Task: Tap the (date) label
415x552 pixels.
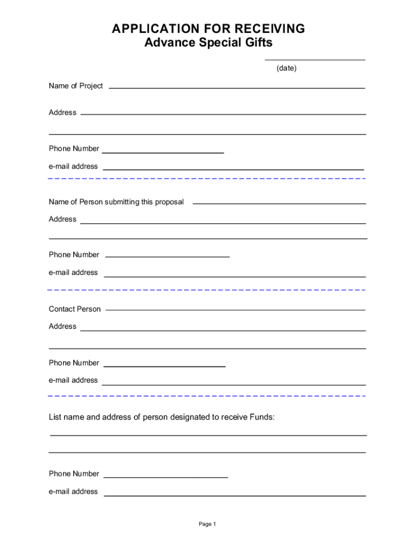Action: [286, 68]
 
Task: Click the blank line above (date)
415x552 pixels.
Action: [315, 60]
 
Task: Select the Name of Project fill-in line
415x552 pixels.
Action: [237, 88]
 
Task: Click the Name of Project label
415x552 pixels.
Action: [75, 86]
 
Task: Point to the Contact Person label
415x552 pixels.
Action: [74, 309]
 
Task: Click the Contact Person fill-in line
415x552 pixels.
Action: [236, 310]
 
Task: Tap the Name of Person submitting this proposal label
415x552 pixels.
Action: [116, 202]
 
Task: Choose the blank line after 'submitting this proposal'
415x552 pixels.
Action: [279, 204]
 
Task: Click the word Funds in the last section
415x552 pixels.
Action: [261, 417]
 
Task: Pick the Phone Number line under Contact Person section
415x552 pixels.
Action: [164, 367]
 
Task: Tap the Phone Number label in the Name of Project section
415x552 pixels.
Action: [74, 149]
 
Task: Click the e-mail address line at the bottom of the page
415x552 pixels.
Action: [234, 495]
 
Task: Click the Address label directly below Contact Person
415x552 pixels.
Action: [63, 327]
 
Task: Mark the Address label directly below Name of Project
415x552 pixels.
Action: [63, 113]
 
